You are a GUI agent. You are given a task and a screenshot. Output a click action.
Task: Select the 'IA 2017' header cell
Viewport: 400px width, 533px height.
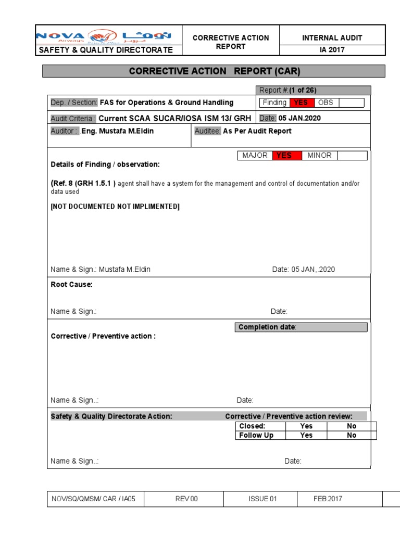(332, 50)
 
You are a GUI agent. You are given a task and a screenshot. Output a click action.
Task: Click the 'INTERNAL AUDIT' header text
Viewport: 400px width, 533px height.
(332, 37)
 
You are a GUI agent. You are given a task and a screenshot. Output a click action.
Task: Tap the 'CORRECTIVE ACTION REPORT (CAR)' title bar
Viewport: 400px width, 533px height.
(214, 71)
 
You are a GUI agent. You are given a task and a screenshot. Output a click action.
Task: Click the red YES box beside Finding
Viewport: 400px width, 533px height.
(301, 103)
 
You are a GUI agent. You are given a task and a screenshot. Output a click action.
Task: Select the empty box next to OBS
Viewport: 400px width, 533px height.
(351, 103)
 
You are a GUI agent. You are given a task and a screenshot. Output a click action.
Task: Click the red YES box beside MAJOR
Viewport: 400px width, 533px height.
(284, 156)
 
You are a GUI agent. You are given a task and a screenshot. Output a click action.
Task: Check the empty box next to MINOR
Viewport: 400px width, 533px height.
(353, 156)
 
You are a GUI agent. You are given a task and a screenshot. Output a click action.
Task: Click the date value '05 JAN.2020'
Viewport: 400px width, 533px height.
(300, 118)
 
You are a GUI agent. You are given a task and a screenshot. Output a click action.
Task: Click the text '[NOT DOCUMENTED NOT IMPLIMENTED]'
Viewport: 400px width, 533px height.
(115, 207)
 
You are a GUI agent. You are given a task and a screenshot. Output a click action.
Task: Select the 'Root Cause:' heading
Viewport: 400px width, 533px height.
(71, 285)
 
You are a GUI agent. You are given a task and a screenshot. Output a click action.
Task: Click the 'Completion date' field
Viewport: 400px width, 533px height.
(301, 327)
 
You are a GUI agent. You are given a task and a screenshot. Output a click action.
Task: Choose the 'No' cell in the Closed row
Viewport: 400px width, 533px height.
(352, 426)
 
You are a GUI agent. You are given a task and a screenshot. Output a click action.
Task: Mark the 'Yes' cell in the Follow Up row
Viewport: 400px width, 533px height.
(306, 435)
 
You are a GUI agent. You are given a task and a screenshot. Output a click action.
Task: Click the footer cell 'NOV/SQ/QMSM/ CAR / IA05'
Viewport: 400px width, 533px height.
(95, 499)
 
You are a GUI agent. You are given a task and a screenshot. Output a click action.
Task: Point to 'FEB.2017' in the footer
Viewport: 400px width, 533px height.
(328, 499)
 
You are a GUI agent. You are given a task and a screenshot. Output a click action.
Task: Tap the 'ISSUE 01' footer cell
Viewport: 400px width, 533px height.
(263, 499)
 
